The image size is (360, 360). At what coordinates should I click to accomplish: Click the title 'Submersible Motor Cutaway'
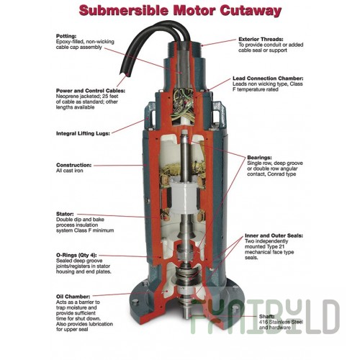pos(180,11)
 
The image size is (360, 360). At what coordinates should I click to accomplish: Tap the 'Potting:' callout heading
pos(66,36)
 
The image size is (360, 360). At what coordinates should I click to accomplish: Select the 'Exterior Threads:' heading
pos(261,39)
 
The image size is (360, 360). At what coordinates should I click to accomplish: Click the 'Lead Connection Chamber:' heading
pos(268,78)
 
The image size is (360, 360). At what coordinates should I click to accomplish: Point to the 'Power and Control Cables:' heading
pos(91,91)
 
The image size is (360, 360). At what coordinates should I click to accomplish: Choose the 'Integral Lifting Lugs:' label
pos(83,133)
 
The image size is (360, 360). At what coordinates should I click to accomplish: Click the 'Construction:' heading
pos(73,165)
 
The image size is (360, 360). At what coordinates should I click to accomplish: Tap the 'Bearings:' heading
pos(259,158)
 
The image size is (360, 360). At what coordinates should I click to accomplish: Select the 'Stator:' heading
pos(65,214)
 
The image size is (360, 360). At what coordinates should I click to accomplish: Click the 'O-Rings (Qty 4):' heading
pos(76,255)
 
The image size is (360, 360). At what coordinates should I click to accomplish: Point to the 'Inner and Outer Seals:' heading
pos(274,235)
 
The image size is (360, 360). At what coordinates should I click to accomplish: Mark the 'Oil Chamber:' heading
pos(73,297)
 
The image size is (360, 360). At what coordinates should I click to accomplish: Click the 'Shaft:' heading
pos(267,317)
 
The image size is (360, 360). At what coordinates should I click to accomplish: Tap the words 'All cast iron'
pos(70,171)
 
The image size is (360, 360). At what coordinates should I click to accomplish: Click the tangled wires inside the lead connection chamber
pos(183,104)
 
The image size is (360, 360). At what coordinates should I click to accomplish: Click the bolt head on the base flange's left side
pos(135,302)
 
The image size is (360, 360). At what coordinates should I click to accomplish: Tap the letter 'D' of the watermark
pos(330,317)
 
